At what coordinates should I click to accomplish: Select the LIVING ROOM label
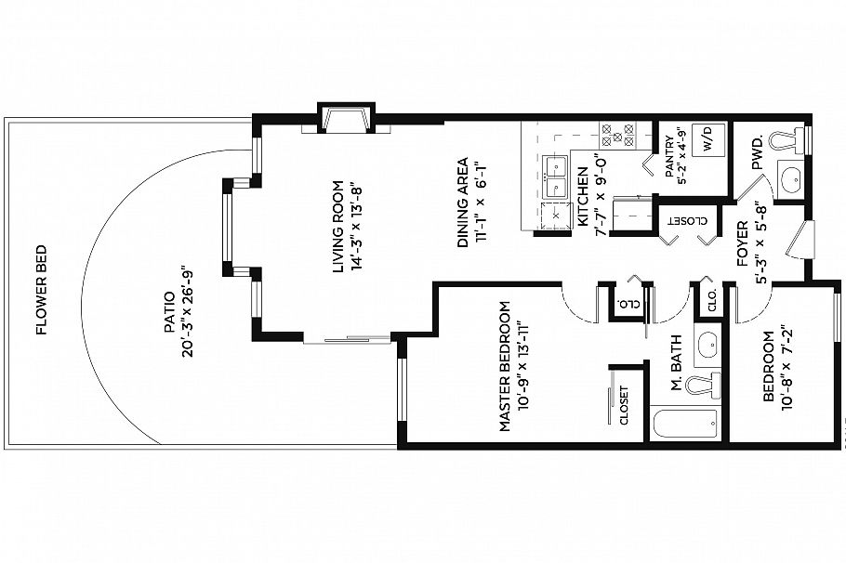coord(338,226)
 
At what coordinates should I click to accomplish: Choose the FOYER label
coord(743,244)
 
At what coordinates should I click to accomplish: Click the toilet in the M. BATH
coord(704,384)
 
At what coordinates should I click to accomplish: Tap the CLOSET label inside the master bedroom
coord(624,406)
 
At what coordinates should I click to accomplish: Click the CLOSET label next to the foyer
coord(685,221)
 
